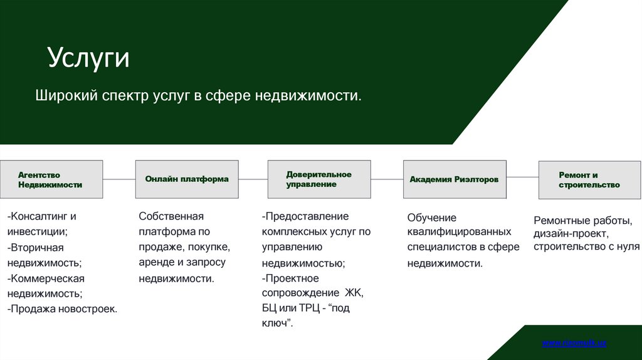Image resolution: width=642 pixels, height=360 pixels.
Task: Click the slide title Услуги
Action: (88, 58)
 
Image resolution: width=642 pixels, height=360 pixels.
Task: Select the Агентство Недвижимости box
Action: (51, 180)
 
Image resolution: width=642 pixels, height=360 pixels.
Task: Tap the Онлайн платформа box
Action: (187, 179)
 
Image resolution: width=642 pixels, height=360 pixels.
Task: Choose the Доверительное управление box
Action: (319, 179)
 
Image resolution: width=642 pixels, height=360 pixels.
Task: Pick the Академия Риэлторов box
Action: (454, 179)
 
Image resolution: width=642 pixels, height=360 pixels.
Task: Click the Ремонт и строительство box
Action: (589, 180)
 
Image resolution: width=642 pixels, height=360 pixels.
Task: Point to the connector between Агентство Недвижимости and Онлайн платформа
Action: (119, 179)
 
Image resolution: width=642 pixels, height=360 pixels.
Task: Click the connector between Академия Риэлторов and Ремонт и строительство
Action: (522, 179)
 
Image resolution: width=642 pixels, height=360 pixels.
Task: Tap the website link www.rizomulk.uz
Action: (574, 343)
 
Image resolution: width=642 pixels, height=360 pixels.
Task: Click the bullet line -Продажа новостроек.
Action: (62, 309)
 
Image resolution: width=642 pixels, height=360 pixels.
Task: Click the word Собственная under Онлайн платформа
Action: (171, 216)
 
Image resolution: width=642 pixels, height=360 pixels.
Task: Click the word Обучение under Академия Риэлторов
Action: (432, 218)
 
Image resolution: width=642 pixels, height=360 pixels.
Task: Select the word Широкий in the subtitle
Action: (65, 96)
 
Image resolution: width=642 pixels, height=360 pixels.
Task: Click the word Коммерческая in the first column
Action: (46, 278)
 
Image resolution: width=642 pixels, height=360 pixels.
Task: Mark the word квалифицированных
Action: (459, 232)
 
